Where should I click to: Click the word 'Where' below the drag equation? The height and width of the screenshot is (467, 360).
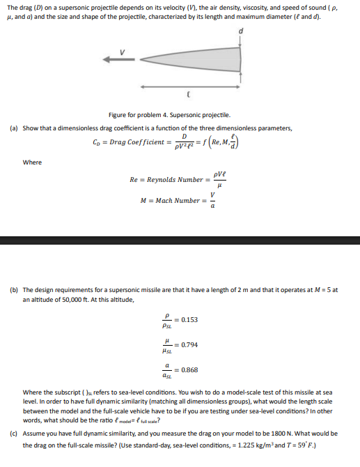click(32, 162)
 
